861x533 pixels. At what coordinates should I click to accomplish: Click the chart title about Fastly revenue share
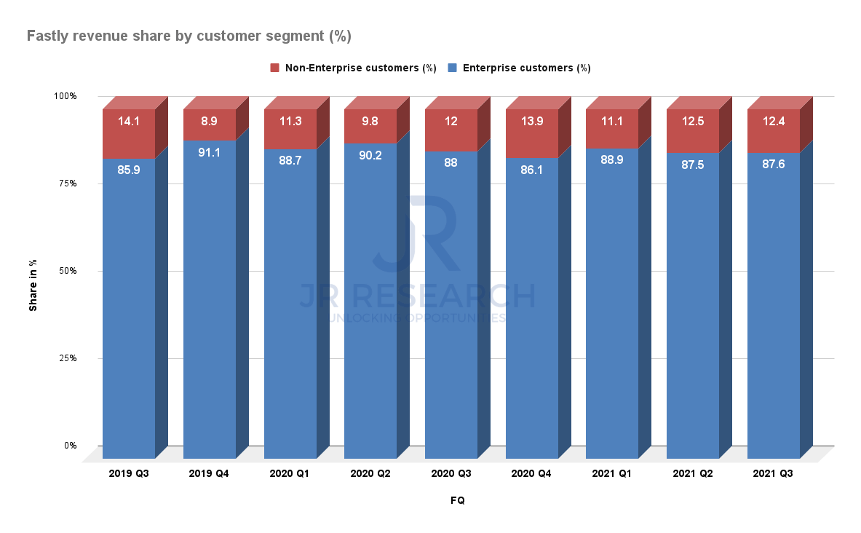coord(194,35)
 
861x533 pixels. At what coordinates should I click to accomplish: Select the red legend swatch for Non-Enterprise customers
coord(274,68)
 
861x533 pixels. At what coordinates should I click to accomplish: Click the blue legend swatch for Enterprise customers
coord(452,68)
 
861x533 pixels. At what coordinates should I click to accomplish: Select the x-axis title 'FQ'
coord(457,500)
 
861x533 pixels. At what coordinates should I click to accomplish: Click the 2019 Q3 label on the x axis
coord(128,473)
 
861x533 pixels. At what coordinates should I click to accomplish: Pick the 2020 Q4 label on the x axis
coord(531,473)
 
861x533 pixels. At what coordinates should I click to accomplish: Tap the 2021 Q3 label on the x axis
coord(773,473)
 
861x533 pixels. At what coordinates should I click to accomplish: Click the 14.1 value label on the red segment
coord(129,122)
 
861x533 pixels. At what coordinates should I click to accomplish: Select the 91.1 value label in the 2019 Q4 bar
coord(210,152)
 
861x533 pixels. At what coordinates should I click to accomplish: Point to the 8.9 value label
coord(210,122)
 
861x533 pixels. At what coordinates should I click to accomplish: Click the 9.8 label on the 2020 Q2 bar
coord(370,122)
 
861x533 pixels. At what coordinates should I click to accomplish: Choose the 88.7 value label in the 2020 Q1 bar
coord(290,161)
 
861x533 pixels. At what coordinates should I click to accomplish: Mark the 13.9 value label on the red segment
coord(532,122)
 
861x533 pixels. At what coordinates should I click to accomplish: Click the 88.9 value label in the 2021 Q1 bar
coord(612,160)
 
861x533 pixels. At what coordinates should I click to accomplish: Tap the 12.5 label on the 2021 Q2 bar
coord(693,122)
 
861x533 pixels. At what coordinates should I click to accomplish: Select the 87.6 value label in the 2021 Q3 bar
coord(774,165)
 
